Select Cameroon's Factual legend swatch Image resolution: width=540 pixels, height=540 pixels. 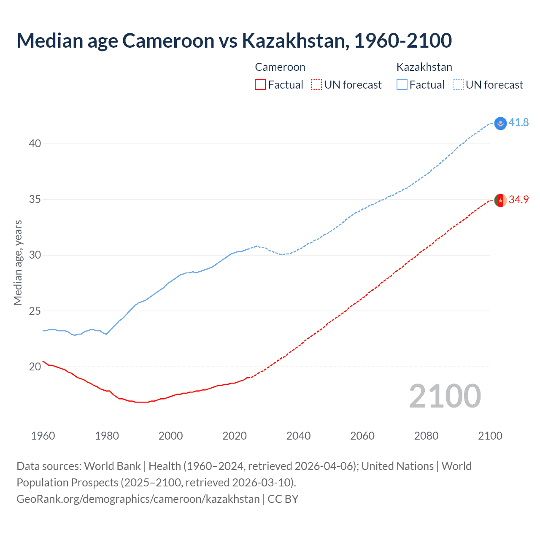point(260,85)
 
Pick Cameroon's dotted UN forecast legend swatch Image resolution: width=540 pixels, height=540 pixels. point(316,85)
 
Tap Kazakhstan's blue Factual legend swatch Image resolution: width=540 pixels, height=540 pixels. point(402,85)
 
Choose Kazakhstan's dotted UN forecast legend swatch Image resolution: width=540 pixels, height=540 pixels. point(458,85)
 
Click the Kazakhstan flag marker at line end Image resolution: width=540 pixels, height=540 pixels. point(500,123)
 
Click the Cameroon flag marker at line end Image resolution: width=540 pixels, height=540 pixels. point(500,200)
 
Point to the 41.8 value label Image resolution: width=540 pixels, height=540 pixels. point(518,122)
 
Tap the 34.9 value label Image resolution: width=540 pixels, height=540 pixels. point(518,200)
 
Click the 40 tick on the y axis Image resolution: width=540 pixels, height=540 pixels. point(35,143)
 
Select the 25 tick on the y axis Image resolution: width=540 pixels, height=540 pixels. point(35,311)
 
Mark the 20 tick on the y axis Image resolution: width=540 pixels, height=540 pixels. point(35,367)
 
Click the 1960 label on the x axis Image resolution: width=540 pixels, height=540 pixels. point(43,436)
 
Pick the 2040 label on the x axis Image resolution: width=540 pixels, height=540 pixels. point(298,436)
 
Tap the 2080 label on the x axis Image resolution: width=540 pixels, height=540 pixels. point(426,436)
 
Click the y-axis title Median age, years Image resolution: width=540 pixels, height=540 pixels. point(18,262)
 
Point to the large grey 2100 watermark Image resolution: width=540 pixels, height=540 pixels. point(445,396)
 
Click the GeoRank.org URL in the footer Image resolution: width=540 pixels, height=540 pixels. point(138,499)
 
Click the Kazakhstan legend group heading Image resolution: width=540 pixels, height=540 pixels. point(424,67)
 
